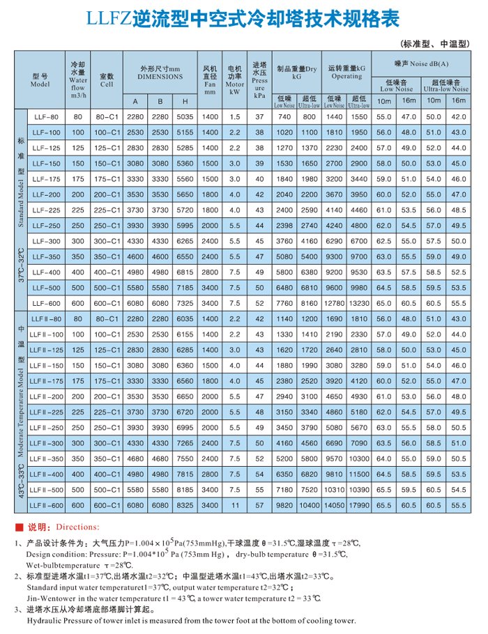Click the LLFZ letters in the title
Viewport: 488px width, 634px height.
coord(108,20)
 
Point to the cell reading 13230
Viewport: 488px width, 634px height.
coord(359,303)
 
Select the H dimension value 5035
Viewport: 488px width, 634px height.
coord(185,116)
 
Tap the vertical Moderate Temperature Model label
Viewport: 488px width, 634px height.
coord(20,404)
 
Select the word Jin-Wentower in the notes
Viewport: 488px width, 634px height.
coord(51,597)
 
